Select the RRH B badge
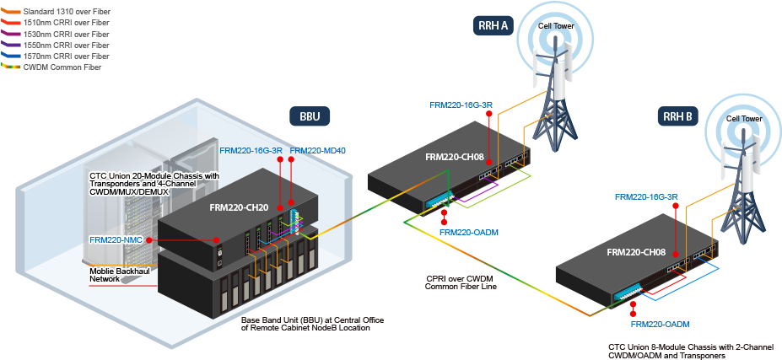(677, 116)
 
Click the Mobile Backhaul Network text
(119, 274)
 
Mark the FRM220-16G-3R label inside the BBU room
(251, 151)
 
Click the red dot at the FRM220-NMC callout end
(148, 240)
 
